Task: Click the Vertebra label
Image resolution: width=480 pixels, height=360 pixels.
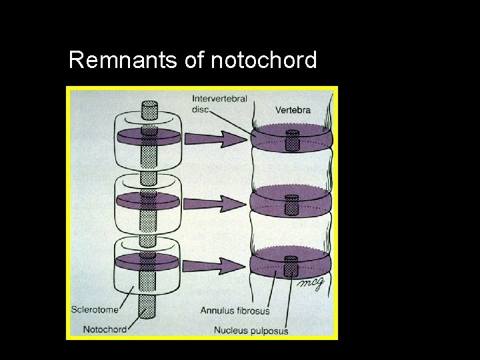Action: [293, 110]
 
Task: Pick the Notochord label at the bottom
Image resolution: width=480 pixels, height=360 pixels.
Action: [105, 329]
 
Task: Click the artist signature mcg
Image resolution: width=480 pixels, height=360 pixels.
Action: [311, 283]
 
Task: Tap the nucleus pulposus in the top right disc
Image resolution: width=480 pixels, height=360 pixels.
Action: [291, 141]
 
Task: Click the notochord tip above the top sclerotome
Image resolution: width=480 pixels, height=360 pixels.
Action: [149, 109]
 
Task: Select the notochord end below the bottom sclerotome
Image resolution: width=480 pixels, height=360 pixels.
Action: [149, 313]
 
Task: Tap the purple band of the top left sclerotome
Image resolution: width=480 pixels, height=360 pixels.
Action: [127, 137]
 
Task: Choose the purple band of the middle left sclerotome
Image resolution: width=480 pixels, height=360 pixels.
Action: [127, 199]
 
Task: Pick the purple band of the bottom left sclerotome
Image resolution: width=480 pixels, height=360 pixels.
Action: [127, 261]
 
